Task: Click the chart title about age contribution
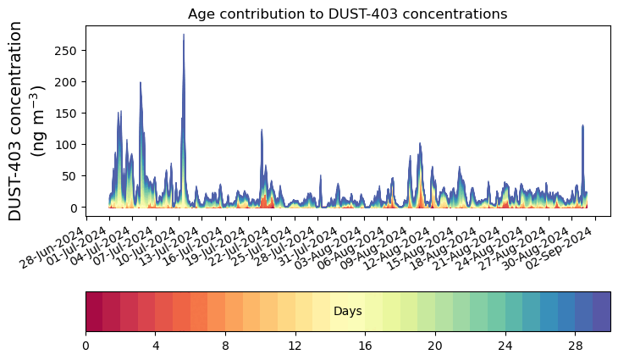coord(347,14)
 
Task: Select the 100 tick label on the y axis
coord(69,145)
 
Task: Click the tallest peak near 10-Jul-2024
coord(184,36)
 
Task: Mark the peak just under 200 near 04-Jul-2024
coord(141,83)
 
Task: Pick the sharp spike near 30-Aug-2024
coord(582,125)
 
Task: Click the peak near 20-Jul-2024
coord(262,130)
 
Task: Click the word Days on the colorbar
coord(348,312)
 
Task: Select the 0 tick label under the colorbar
coord(86,346)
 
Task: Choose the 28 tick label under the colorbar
coord(575,346)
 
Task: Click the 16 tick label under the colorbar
coord(365,346)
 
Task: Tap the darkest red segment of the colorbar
coord(94,311)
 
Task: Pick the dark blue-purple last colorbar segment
coord(601,311)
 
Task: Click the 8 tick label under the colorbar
coord(225,346)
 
